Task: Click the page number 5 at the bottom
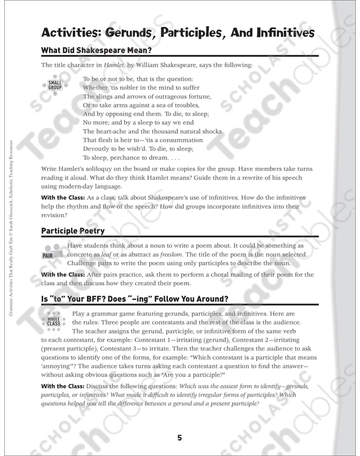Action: coord(179,437)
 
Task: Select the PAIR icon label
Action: coord(48,255)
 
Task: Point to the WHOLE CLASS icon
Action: coord(54,320)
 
